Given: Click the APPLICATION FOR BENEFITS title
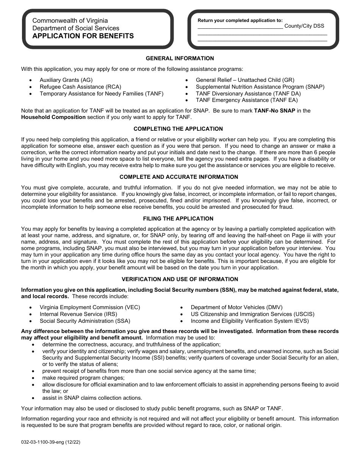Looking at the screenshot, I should click(83, 36).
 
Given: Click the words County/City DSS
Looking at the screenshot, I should click(304, 26).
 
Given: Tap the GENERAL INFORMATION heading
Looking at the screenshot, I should click(180, 58).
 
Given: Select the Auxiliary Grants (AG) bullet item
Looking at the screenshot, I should click(66, 80).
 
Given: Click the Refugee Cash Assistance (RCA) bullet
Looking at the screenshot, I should click(75, 87).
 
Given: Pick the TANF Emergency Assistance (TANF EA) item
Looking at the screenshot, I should click(247, 100).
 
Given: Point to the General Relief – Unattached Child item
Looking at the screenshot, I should click(245, 80).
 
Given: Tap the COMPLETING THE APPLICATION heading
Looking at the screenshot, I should click(178, 129).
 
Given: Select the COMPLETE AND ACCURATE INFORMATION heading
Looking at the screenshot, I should click(179, 177).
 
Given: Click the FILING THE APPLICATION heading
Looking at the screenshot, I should click(178, 219).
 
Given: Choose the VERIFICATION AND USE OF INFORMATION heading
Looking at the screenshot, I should click(180, 279).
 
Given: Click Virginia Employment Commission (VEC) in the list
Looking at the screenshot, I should click(90, 307).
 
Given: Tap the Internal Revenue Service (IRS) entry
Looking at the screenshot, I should click(78, 314).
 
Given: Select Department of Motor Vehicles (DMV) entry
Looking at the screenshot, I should click(236, 307).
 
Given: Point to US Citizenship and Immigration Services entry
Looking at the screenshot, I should click(252, 314).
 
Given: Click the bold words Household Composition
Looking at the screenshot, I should click(53, 117).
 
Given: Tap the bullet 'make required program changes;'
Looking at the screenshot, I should click(83, 378).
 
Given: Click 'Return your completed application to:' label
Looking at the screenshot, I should click(240, 20).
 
